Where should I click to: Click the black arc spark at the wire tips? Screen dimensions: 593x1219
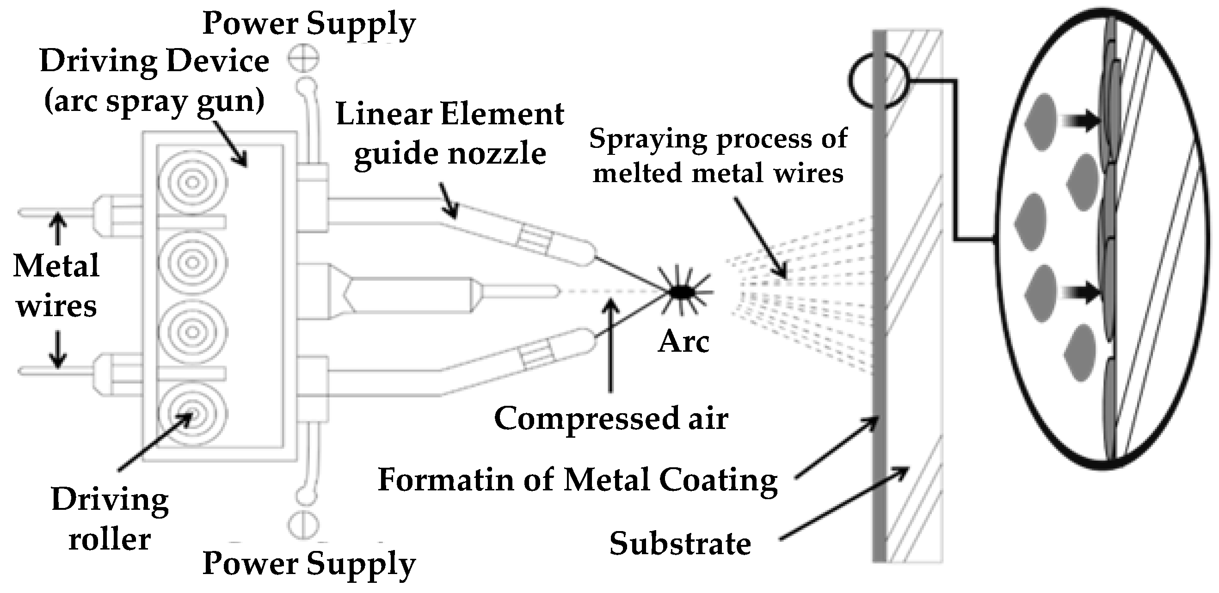coord(682,292)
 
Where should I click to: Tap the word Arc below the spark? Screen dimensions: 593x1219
coord(683,342)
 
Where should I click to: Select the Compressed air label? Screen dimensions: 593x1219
coord(611,419)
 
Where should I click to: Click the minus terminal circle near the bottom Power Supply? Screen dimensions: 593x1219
coord(303,525)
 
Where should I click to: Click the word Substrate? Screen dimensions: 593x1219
coord(679,544)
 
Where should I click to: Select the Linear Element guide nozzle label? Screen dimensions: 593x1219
coord(449,134)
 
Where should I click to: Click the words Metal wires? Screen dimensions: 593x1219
coord(56,286)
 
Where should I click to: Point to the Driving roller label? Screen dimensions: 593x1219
coord(110,519)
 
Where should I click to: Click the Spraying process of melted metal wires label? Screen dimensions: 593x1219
coord(718,156)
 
